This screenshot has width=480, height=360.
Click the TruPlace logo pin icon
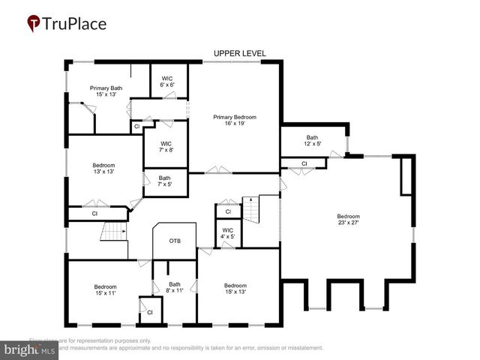click(x=34, y=24)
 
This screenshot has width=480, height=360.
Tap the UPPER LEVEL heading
click(x=240, y=53)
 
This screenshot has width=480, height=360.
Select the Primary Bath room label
click(x=106, y=91)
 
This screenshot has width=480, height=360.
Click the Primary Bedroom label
click(x=235, y=120)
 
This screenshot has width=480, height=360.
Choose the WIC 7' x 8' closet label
click(x=166, y=146)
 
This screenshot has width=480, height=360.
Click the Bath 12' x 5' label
click(x=312, y=141)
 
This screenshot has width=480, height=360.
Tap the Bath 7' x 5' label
click(x=164, y=181)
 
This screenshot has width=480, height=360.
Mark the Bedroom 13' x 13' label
click(x=103, y=168)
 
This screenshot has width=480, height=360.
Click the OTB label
click(x=175, y=241)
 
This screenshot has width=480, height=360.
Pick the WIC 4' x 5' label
click(x=228, y=233)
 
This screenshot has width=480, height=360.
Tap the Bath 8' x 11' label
click(x=174, y=287)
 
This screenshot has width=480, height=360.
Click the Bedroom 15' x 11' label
click(x=105, y=289)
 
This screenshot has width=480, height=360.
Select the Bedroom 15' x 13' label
click(x=235, y=288)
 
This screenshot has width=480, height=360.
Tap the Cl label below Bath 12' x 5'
click(x=304, y=163)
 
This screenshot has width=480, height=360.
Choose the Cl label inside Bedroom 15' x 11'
click(x=149, y=312)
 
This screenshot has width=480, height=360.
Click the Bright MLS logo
click(x=30, y=349)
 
